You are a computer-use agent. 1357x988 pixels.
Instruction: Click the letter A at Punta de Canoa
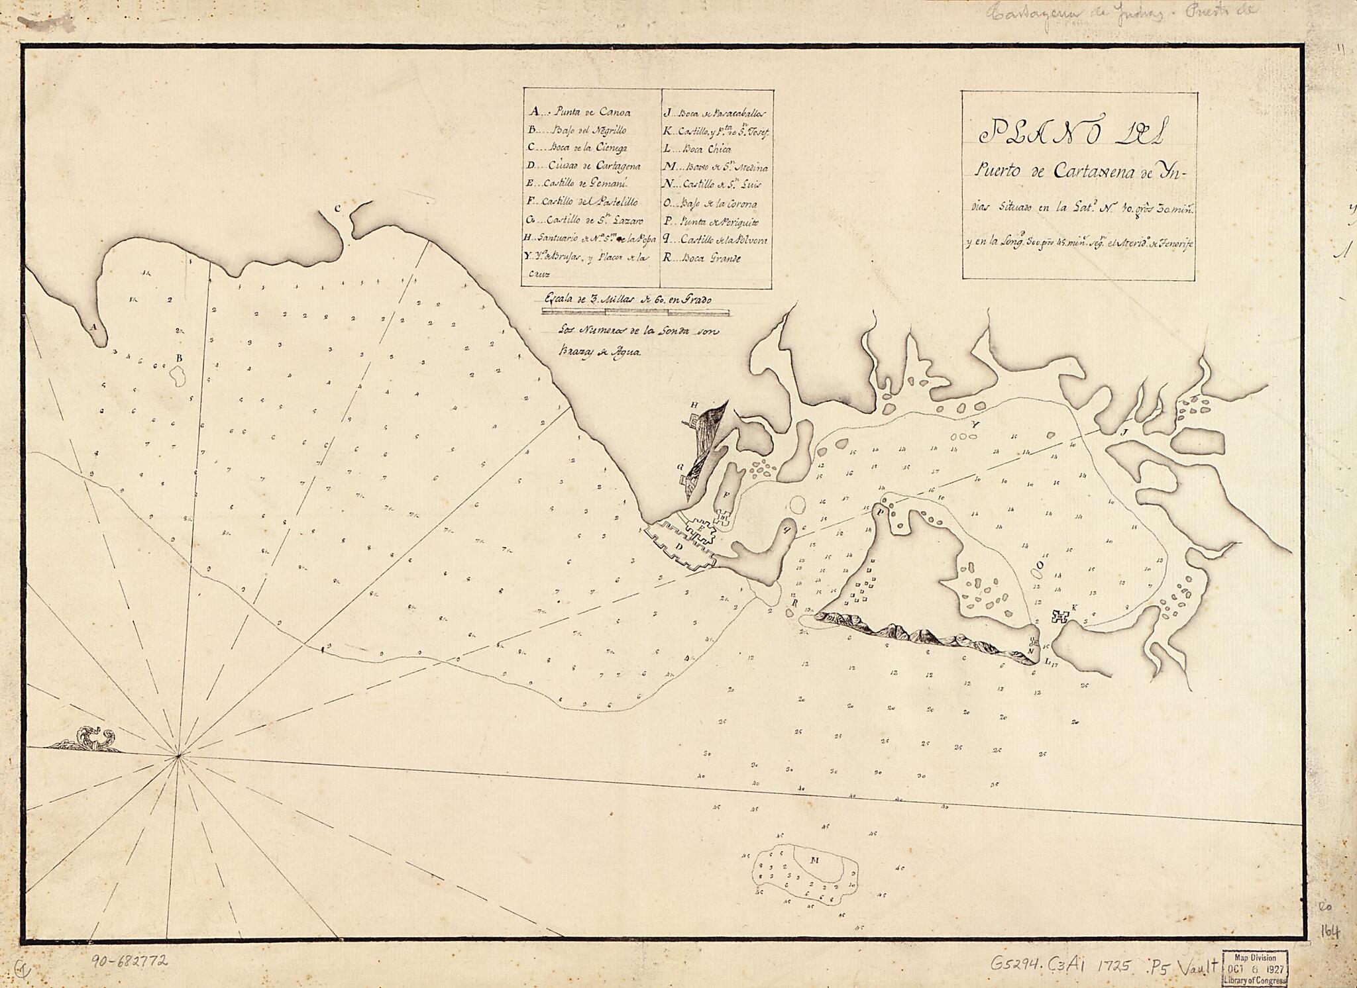point(94,327)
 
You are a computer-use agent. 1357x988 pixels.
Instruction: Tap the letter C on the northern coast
point(337,209)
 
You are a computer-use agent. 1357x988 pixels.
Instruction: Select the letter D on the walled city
point(678,546)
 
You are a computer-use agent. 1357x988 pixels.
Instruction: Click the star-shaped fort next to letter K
point(1060,617)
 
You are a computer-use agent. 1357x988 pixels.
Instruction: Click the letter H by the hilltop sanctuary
point(695,404)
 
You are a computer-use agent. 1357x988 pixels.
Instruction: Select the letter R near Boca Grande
point(792,603)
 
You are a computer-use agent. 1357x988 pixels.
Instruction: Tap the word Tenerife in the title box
point(1173,245)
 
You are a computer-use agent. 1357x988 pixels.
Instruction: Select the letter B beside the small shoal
point(178,358)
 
